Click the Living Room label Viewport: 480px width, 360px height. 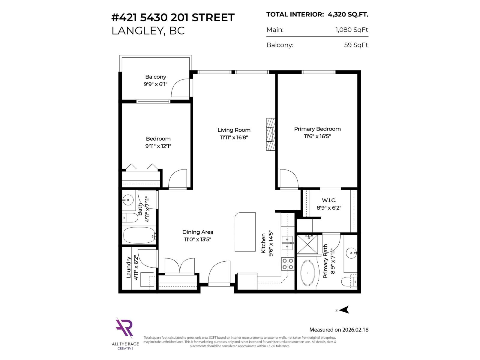click(x=234, y=130)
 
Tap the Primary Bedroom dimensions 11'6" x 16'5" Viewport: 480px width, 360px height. click(x=317, y=136)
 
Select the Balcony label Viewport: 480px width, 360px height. click(x=155, y=77)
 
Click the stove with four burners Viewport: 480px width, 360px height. click(x=287, y=264)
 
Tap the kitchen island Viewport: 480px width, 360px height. click(x=245, y=232)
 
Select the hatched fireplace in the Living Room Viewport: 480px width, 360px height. click(x=271, y=134)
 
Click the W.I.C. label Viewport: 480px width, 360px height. click(x=329, y=200)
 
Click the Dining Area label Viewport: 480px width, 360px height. click(x=198, y=232)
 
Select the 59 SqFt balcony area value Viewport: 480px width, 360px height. click(x=356, y=45)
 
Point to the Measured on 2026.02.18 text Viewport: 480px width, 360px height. click(x=339, y=329)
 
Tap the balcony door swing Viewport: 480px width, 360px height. click(x=181, y=88)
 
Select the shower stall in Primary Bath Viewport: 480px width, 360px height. click(x=307, y=244)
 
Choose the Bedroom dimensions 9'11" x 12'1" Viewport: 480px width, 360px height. click(x=158, y=146)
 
